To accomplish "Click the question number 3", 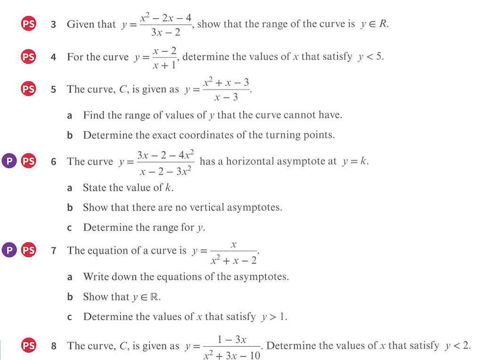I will click(x=54, y=25).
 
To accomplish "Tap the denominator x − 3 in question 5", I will click(x=226, y=98).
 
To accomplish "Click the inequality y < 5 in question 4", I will click(x=371, y=57).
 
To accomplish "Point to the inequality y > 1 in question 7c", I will click(x=274, y=317).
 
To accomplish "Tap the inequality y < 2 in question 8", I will click(x=457, y=346).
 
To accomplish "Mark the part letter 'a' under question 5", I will click(x=70, y=115).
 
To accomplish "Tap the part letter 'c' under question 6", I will click(x=70, y=228).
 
